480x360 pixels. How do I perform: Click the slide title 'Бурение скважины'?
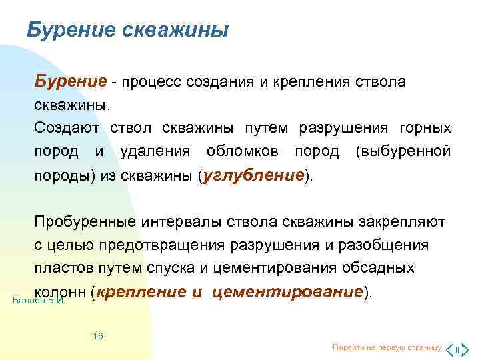tap(127, 30)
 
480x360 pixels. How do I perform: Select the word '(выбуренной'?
tap(403, 151)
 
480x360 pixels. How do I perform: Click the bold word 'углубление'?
tap(253, 175)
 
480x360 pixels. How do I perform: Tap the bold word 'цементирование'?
tap(291, 291)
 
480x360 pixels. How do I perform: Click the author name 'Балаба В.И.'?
tap(39, 301)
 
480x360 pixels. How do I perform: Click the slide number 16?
tap(98, 336)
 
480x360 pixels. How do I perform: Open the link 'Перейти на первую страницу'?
tap(387, 347)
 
